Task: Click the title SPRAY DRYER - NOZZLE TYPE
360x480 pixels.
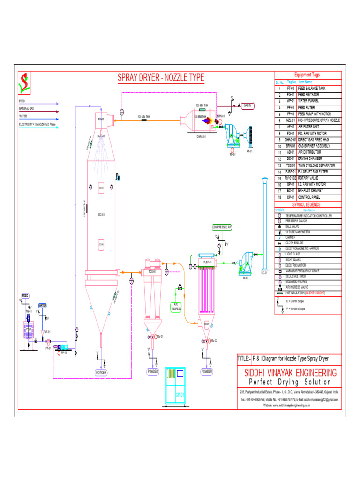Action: [160, 78]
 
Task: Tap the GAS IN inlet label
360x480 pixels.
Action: [247, 105]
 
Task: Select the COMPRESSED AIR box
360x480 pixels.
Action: [222, 227]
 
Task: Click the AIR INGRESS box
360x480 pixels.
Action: [176, 307]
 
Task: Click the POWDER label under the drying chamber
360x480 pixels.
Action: [101, 372]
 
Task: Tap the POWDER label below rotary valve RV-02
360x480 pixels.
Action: [207, 371]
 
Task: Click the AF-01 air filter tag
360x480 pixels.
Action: [249, 150]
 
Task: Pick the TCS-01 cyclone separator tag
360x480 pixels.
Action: [152, 271]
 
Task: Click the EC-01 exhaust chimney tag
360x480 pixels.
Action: [264, 272]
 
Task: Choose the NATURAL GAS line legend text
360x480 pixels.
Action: [26, 108]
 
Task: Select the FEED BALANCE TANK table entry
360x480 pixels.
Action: [312, 88]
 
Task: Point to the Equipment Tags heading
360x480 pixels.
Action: [307, 75]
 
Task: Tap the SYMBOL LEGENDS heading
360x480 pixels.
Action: [307, 204]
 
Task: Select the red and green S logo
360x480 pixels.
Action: [23, 82]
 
